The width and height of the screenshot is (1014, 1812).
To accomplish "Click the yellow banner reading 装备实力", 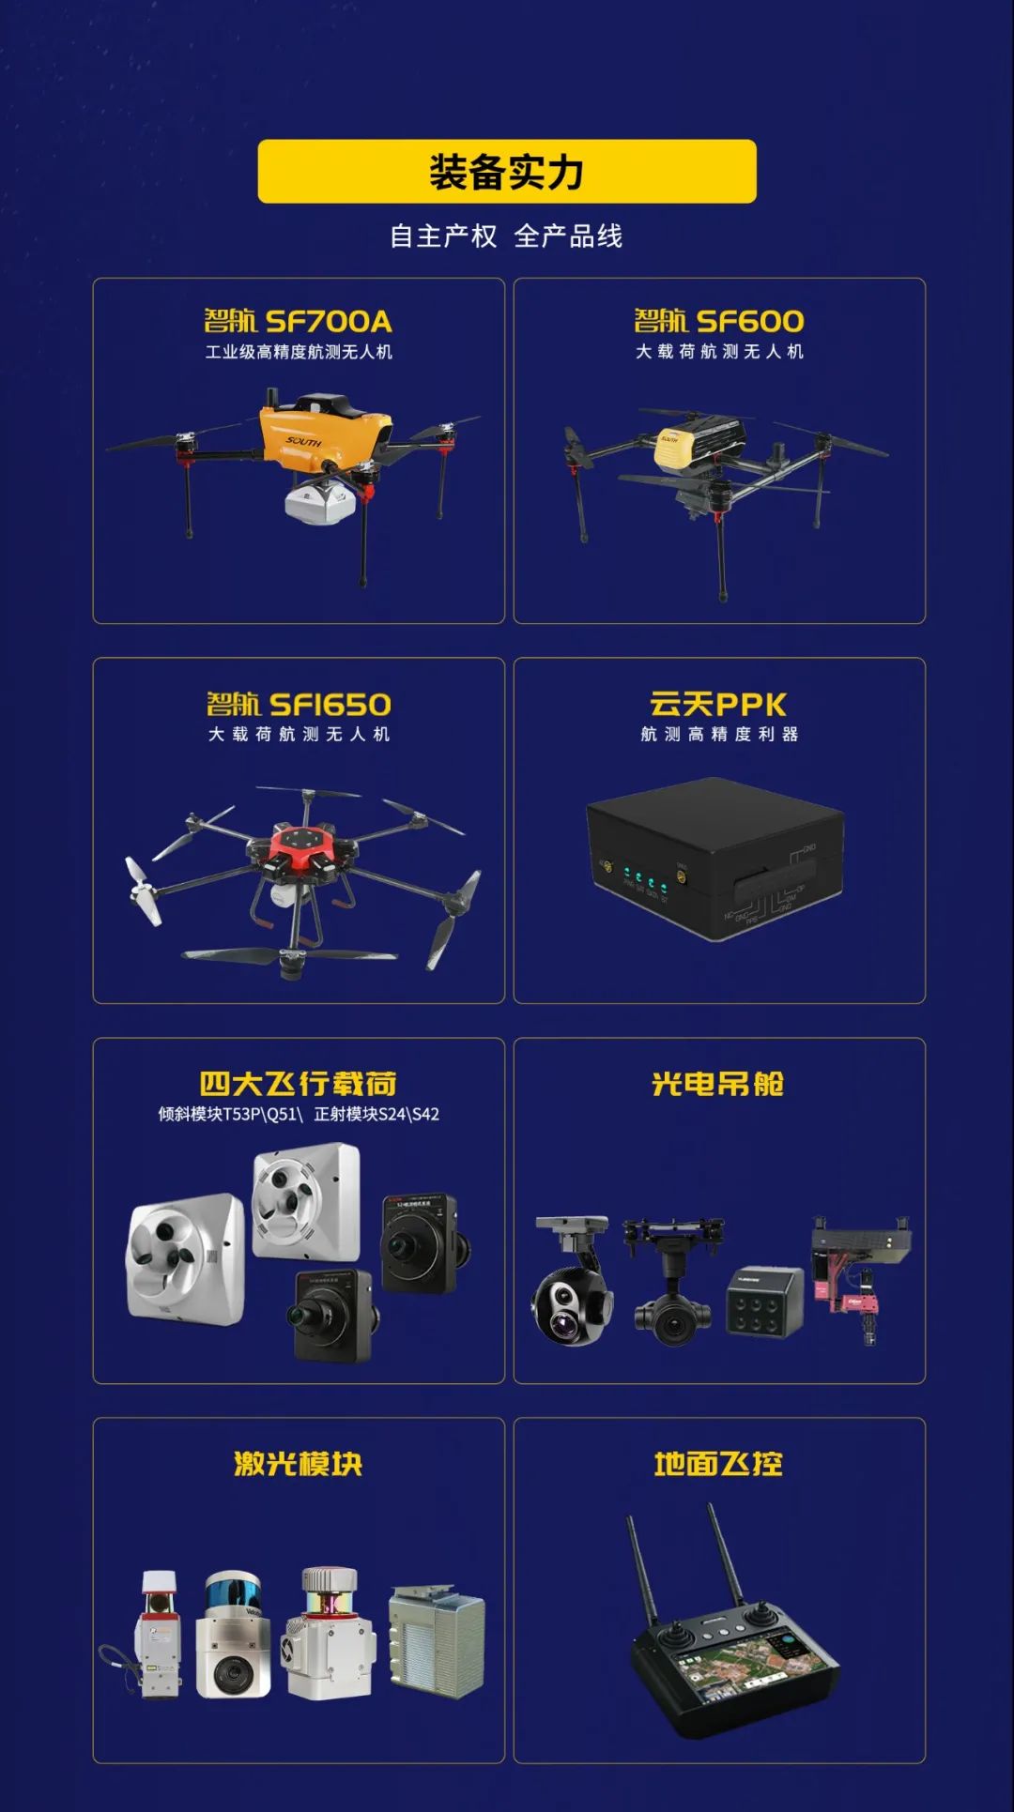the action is pos(507,172).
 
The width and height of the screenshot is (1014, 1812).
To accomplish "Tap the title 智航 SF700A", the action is pos(299,322).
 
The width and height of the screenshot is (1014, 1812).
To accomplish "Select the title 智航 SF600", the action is pos(719,322).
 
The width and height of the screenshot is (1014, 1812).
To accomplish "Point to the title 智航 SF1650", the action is pos(299,705).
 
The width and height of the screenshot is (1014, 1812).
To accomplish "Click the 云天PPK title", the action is pos(719,705).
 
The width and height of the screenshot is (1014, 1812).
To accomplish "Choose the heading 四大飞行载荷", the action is pos(299,1084).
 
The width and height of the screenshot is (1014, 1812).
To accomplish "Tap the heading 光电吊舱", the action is pos(719,1084).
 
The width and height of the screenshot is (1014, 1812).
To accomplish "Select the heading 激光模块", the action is pos(299,1464).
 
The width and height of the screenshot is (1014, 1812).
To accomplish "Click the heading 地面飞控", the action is pos(719,1464).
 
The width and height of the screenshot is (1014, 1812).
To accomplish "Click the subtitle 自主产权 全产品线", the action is pos(507,236).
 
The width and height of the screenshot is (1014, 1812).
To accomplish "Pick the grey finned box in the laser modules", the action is pos(438,1641).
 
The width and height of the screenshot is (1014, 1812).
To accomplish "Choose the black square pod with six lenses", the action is pos(765,1302).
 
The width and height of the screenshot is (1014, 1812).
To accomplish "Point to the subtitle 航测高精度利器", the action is pos(719,734).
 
